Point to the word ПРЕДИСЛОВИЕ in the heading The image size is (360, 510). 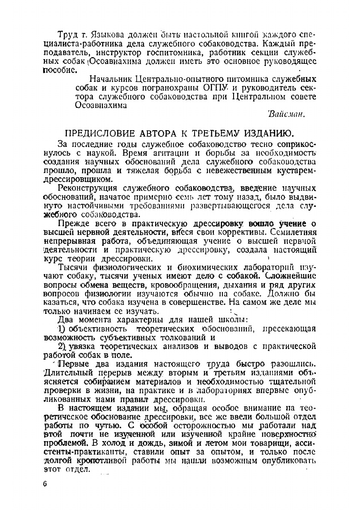tap(98, 133)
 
